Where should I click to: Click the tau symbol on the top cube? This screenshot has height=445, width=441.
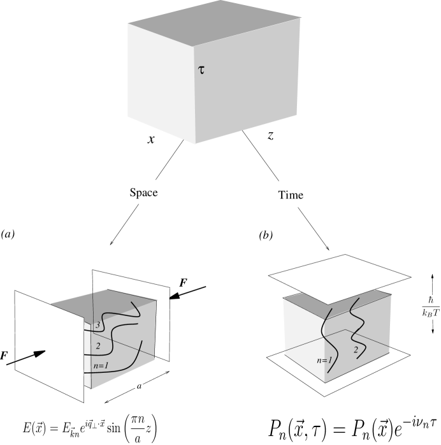click(202, 70)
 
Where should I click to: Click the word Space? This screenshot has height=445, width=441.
click(143, 192)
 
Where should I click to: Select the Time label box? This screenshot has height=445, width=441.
click(291, 195)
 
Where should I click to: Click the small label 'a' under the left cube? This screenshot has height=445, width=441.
click(138, 386)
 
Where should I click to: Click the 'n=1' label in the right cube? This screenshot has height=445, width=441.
click(324, 360)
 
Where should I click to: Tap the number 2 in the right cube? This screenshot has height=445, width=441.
click(356, 351)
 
